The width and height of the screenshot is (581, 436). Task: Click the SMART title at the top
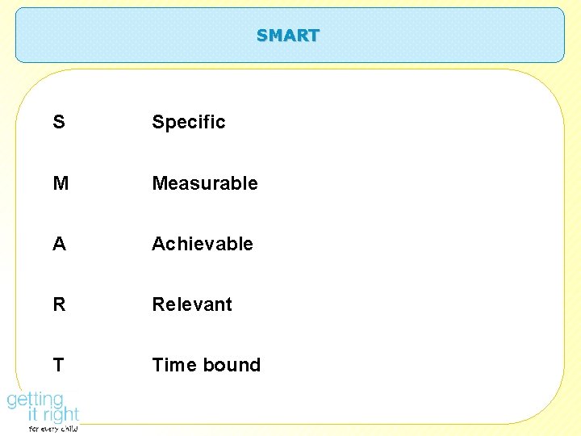click(x=288, y=36)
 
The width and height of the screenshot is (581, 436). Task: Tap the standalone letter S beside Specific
click(x=59, y=122)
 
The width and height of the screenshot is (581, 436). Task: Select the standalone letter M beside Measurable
click(x=61, y=183)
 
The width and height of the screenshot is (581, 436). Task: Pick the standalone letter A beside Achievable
click(x=59, y=244)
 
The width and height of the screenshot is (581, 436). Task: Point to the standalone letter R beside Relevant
click(x=60, y=304)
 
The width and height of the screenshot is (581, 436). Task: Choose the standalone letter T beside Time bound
click(x=58, y=365)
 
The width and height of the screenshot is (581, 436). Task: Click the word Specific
click(x=189, y=123)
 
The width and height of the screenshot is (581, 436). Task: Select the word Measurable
click(x=205, y=183)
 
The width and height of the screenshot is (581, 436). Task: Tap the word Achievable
click(x=203, y=244)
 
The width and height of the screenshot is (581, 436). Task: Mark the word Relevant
click(x=192, y=304)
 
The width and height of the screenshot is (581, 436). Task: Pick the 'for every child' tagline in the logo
click(x=53, y=430)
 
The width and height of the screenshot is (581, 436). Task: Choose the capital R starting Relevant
click(x=159, y=304)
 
